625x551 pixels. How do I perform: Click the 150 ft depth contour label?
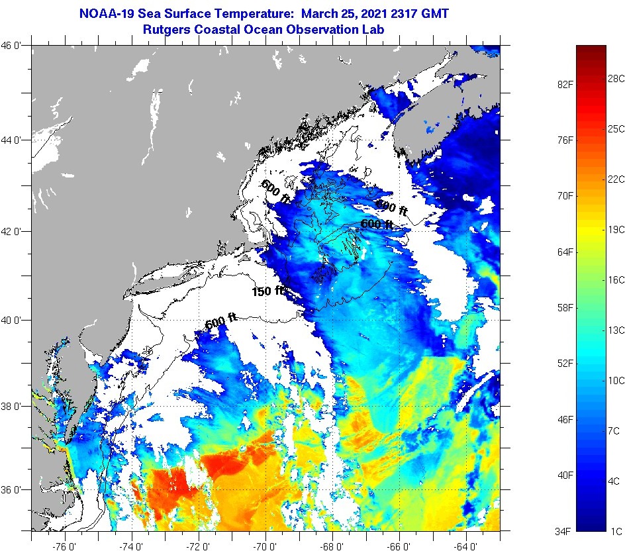click(x=267, y=291)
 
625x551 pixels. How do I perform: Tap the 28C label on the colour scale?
click(x=616, y=79)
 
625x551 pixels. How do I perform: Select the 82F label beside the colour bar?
click(x=563, y=84)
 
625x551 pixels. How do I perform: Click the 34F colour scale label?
click(x=563, y=530)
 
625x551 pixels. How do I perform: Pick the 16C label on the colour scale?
click(x=616, y=280)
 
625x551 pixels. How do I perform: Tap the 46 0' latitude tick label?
click(x=14, y=46)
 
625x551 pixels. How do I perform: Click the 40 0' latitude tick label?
click(x=14, y=320)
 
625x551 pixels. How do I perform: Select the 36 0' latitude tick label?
click(x=14, y=490)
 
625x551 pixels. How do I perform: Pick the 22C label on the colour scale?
click(x=616, y=179)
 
